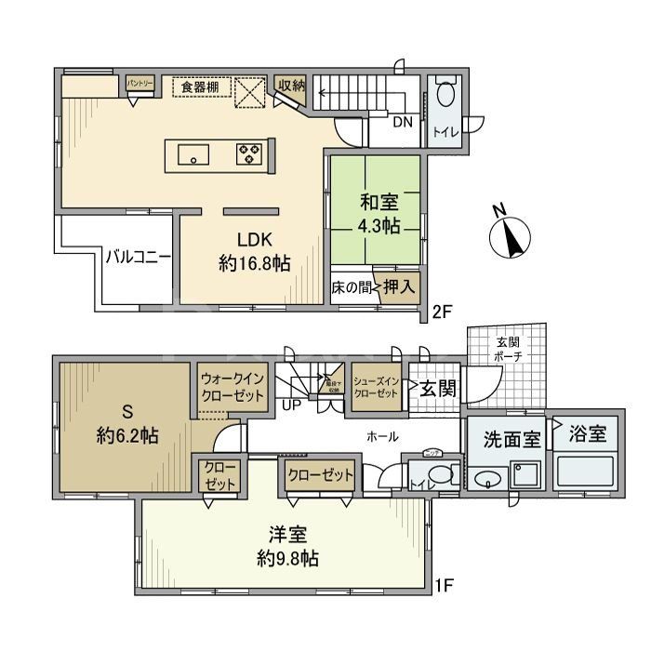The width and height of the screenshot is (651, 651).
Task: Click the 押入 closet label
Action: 401,288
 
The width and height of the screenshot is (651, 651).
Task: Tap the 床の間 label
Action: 352,288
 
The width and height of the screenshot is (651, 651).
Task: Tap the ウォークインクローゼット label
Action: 232,386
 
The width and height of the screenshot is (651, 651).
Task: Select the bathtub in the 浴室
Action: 585,472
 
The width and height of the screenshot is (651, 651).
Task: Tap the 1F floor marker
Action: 445,587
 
